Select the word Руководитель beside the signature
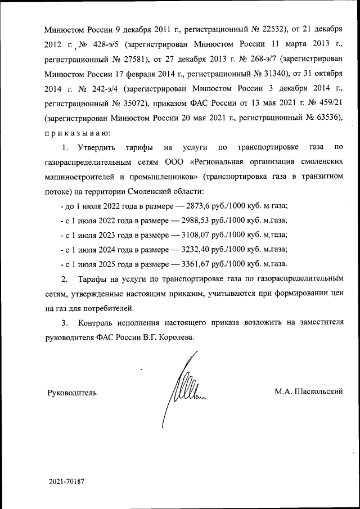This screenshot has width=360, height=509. click(73, 393)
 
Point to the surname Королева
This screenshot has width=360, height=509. click(178, 338)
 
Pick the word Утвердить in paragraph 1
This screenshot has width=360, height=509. click(97, 148)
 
